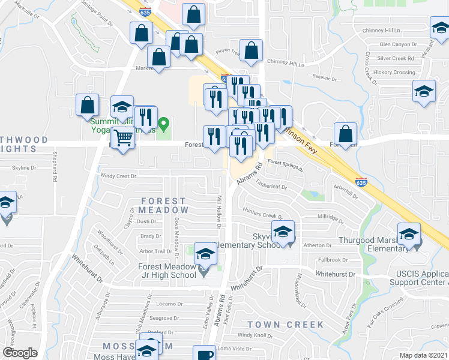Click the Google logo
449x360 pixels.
tap(20, 353)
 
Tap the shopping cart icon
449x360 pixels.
tap(123, 139)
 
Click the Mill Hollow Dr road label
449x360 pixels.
tap(218, 211)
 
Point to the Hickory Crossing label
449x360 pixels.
tap(394, 73)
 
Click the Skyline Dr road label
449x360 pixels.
tap(16, 168)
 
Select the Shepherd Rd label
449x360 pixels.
tap(54, 170)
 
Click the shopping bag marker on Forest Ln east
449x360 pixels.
tap(346, 134)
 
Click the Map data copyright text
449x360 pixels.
tap(424, 355)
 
